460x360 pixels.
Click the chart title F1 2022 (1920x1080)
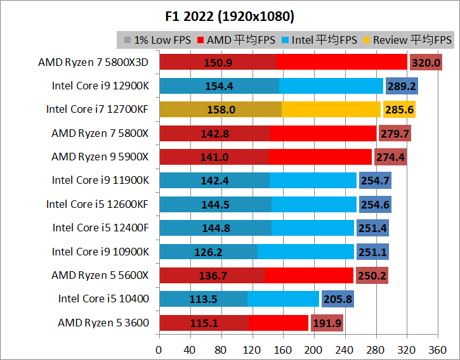[230, 15]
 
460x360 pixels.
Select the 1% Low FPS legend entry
[159, 40]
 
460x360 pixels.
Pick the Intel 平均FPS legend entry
[324, 40]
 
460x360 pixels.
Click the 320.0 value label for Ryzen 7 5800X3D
[426, 62]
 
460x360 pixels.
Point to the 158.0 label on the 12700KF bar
[221, 110]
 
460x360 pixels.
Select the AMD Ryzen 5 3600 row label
[103, 323]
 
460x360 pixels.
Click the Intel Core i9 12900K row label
[100, 86]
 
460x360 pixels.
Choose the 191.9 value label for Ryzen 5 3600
[327, 323]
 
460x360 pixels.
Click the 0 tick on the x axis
[159, 349]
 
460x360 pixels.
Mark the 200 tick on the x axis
[313, 349]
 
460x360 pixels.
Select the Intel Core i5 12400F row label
[101, 228]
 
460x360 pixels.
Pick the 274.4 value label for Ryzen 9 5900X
[391, 157]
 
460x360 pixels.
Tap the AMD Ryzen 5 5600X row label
[100, 275]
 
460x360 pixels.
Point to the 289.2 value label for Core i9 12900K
[402, 86]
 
